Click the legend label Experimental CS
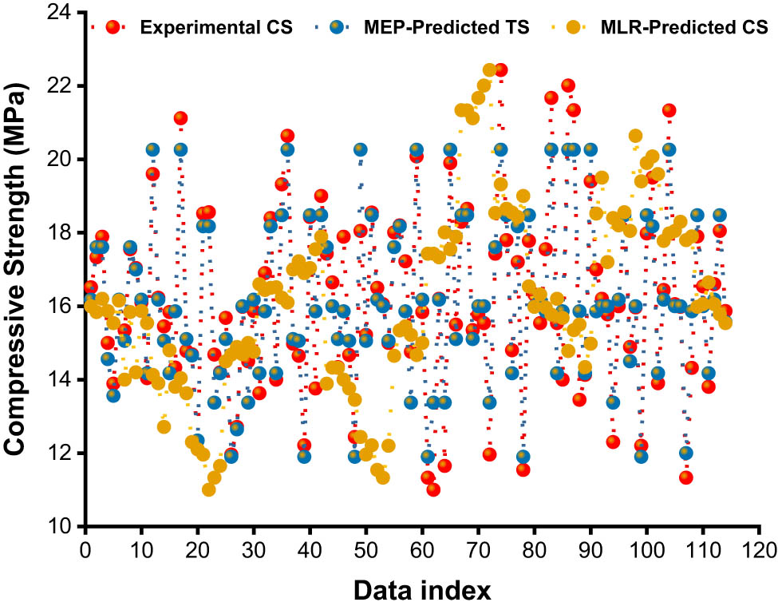point(215,28)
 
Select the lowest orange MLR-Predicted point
point(209,489)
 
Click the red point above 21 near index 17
point(180,119)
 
